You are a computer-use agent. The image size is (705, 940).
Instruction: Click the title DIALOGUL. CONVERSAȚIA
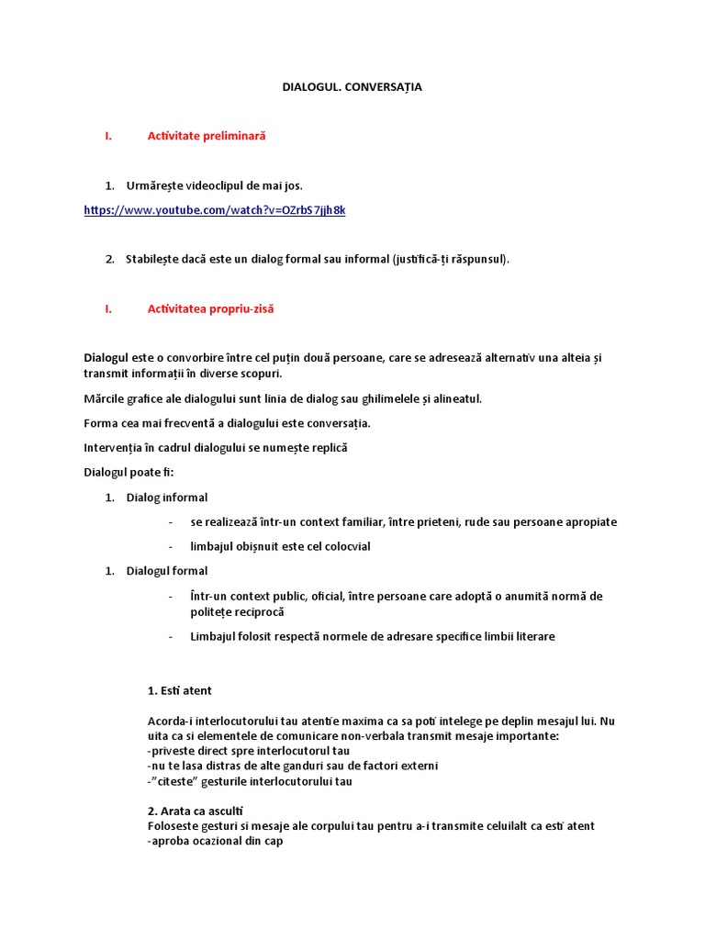coord(352,87)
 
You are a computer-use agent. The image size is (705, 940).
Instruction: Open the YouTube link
coord(214,210)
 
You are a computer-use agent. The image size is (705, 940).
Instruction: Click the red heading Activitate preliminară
coord(206,136)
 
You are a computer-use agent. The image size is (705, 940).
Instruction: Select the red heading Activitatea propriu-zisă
coord(210,309)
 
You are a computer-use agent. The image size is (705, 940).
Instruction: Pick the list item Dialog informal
coord(166,498)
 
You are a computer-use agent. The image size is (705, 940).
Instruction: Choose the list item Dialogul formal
coord(166,571)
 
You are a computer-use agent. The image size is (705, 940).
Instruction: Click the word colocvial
coord(344,547)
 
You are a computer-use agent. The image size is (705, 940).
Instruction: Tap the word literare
coord(532,636)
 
